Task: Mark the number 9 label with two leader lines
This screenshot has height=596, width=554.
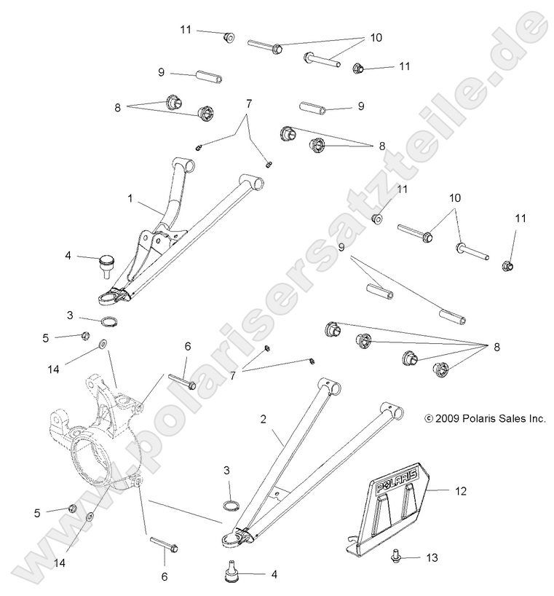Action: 341,248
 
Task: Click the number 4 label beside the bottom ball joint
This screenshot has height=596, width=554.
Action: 274,574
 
